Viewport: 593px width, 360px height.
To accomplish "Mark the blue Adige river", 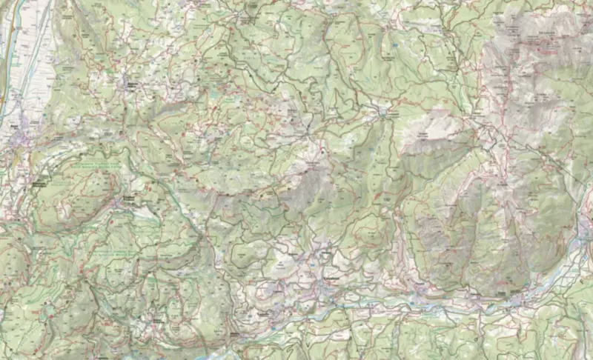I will click(x=6, y=89).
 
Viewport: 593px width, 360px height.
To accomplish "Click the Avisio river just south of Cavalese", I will click(x=334, y=300).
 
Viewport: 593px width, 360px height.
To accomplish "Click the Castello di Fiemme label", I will click(x=264, y=312).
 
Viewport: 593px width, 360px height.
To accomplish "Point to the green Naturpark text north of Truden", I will click(x=96, y=164).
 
